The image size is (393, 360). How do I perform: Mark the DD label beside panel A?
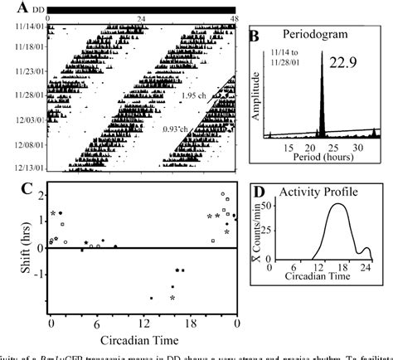34,7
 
